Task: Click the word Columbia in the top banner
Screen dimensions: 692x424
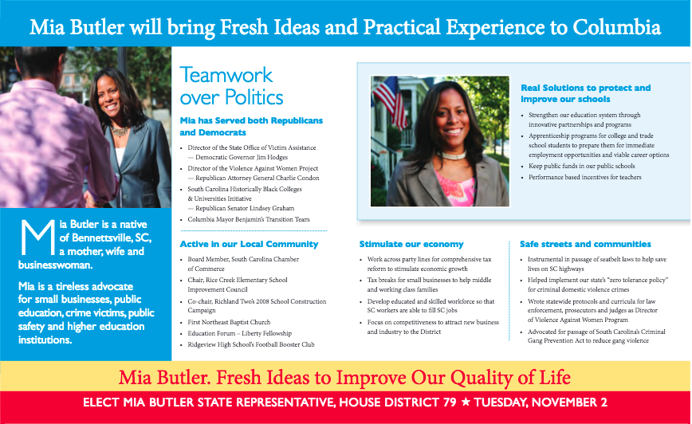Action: (x=616, y=27)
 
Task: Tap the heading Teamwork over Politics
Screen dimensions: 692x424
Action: (x=231, y=86)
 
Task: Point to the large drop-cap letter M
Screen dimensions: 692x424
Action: (x=37, y=238)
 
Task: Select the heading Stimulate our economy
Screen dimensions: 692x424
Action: (x=411, y=244)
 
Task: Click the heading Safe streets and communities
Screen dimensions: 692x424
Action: (x=585, y=244)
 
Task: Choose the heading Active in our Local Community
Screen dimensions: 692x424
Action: (x=249, y=244)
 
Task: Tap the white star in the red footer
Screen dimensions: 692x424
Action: (x=466, y=402)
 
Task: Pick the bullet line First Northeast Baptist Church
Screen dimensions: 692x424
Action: (x=229, y=323)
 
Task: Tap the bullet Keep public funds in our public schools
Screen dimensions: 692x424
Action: (x=582, y=167)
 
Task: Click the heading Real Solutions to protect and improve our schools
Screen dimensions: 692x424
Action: (x=586, y=93)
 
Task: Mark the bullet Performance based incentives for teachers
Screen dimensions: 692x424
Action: (x=584, y=178)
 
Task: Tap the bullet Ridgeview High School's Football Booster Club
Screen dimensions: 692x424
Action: (x=250, y=344)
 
